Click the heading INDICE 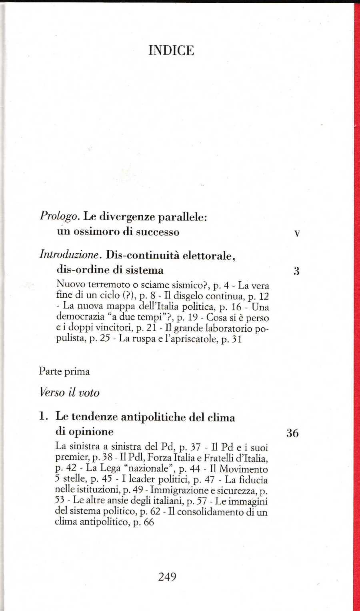click(x=171, y=50)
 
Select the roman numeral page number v click(x=297, y=233)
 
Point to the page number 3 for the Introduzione click(x=296, y=271)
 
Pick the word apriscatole click(x=195, y=339)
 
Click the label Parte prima click(x=64, y=371)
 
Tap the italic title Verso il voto click(x=69, y=393)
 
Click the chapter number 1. click(x=43, y=416)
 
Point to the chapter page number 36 click(x=292, y=433)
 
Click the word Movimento click(x=244, y=469)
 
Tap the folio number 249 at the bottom click(x=167, y=577)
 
